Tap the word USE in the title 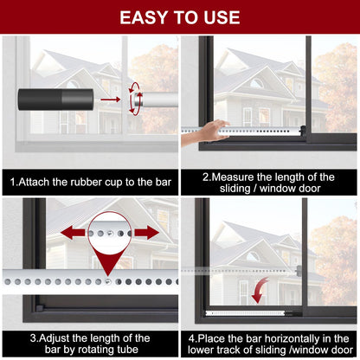coord(222,17)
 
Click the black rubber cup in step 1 coord(55,100)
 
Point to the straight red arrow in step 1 coord(110,100)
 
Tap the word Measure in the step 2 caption coord(234,177)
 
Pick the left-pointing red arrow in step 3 coord(73,233)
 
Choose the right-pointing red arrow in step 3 coord(147,233)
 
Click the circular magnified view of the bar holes coord(110,233)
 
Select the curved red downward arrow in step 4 coord(259,291)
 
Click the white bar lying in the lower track coord(245,313)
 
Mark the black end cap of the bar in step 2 coord(303,131)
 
